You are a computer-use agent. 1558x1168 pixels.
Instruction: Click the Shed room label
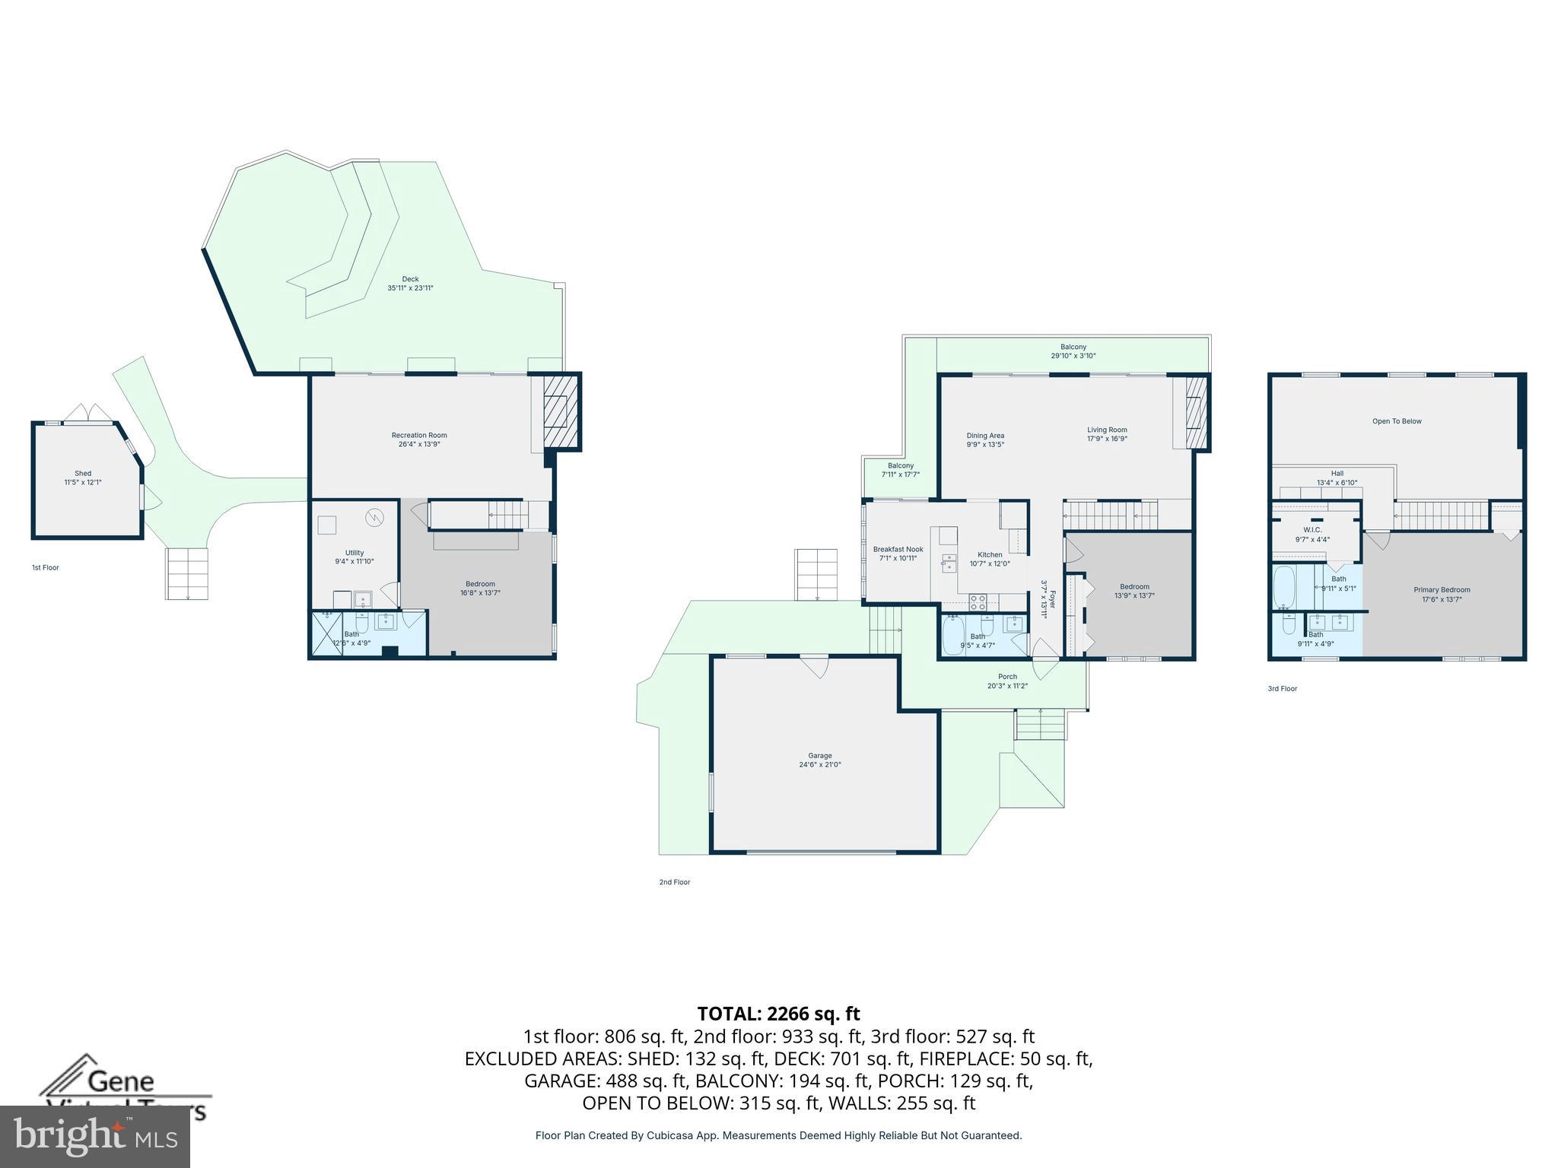(x=82, y=478)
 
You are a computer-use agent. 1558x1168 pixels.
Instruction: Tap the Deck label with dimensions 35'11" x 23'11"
(x=410, y=284)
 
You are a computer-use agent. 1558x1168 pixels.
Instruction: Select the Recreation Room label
(x=419, y=440)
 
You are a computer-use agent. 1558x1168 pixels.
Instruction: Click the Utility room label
(x=355, y=557)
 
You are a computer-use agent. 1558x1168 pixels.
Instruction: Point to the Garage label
(x=819, y=760)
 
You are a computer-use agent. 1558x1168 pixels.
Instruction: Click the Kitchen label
(x=990, y=559)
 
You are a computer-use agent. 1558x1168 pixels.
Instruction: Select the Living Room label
(x=1107, y=433)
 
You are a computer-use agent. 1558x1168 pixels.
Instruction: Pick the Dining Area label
(x=985, y=440)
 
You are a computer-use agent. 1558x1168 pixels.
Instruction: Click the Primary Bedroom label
(x=1442, y=594)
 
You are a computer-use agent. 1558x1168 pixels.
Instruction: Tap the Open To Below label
(x=1397, y=421)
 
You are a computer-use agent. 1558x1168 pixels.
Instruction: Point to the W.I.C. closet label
(x=1312, y=534)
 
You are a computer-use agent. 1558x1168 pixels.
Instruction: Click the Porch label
(x=1007, y=681)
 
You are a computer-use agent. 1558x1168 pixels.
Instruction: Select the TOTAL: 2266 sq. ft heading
(x=778, y=1014)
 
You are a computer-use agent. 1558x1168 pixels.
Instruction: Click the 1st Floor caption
(x=45, y=567)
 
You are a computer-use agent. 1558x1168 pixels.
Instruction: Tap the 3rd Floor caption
(x=1282, y=688)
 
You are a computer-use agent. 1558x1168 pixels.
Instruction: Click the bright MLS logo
(x=95, y=1136)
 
